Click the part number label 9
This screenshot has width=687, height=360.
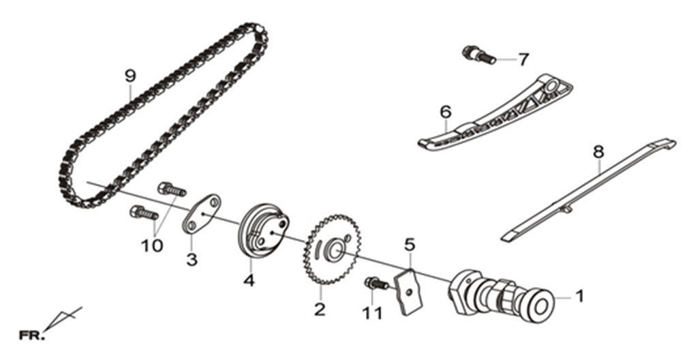(130, 76)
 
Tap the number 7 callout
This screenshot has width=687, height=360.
(523, 59)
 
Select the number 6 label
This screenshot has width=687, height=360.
(446, 112)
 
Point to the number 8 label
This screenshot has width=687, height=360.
(598, 152)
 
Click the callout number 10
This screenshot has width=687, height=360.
(151, 245)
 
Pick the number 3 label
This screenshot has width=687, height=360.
(192, 260)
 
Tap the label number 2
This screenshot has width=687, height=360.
(320, 310)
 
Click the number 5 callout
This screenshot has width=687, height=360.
(409, 245)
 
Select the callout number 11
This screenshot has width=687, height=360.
(372, 313)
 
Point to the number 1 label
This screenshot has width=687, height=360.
(579, 297)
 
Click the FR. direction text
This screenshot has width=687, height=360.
(32, 336)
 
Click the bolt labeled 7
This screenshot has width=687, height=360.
(479, 55)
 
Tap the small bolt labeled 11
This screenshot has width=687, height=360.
(376, 284)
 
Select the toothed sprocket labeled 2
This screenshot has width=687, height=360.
(332, 249)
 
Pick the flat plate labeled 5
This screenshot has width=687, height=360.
(410, 291)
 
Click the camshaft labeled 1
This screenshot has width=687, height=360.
(502, 296)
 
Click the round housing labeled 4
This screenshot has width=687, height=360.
(264, 230)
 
